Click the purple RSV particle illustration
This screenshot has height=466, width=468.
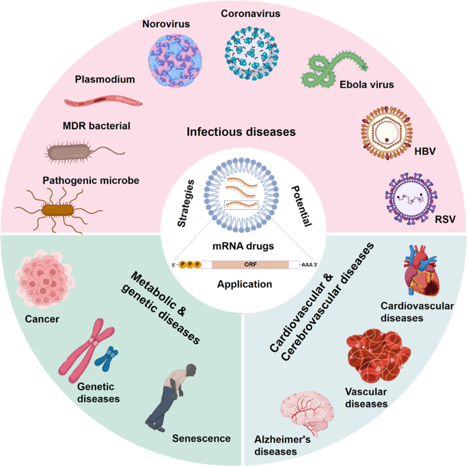(409, 198)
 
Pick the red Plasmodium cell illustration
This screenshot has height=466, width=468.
(103, 102)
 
